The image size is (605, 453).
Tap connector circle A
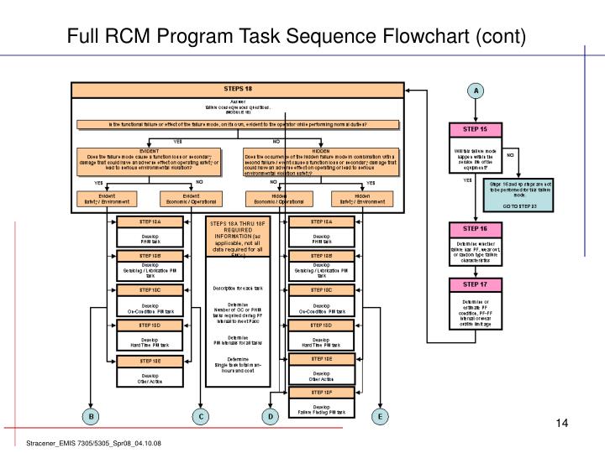(476, 90)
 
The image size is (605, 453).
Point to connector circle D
(270, 416)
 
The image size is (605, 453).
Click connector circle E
(380, 416)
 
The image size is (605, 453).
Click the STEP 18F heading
(321, 392)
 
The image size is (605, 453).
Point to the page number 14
(563, 422)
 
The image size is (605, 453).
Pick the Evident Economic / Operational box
(190, 200)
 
